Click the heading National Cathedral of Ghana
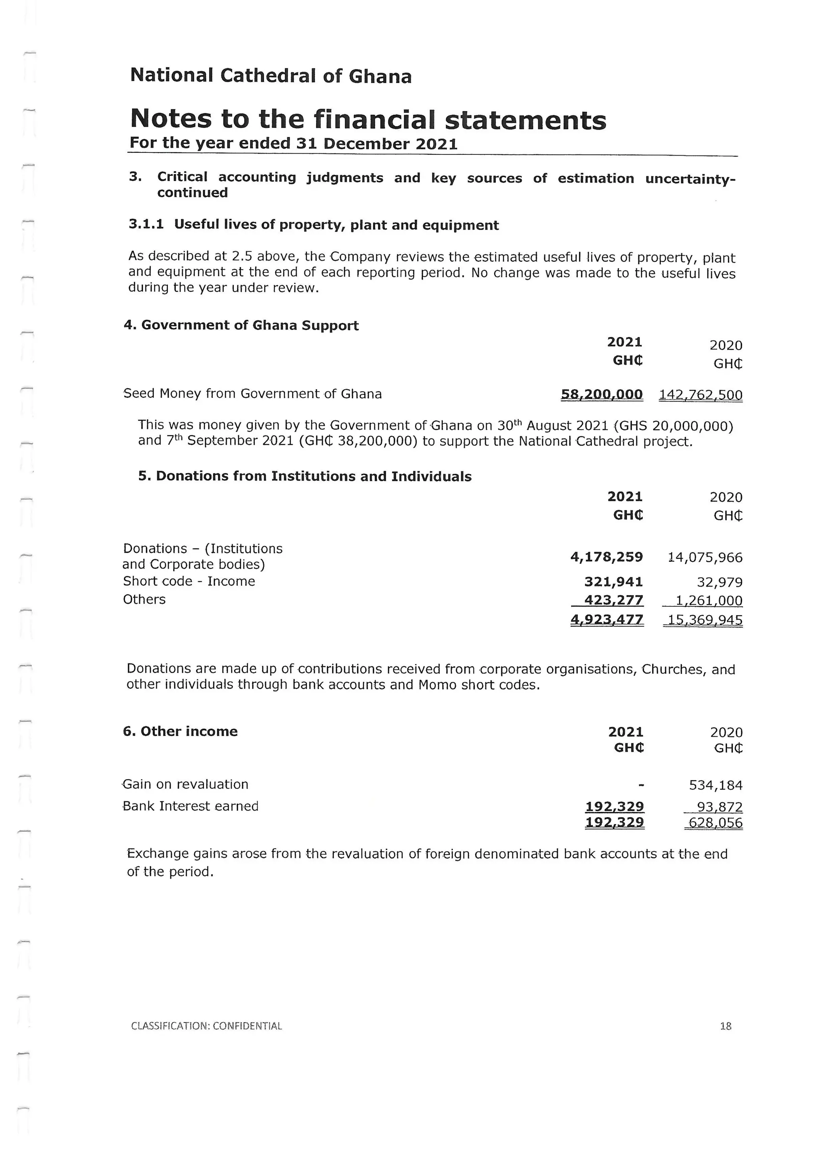click(271, 76)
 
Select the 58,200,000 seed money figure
click(601, 394)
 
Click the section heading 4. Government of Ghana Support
click(241, 326)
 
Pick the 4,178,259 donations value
click(606, 557)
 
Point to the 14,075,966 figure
click(705, 558)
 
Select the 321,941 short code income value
click(613, 582)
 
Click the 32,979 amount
click(719, 583)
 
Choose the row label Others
click(144, 600)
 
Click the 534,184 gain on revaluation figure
click(715, 785)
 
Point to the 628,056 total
click(715, 823)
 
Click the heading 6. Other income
click(180, 731)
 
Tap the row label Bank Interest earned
click(191, 807)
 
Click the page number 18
click(725, 1026)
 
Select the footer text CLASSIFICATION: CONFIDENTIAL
click(206, 1026)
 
